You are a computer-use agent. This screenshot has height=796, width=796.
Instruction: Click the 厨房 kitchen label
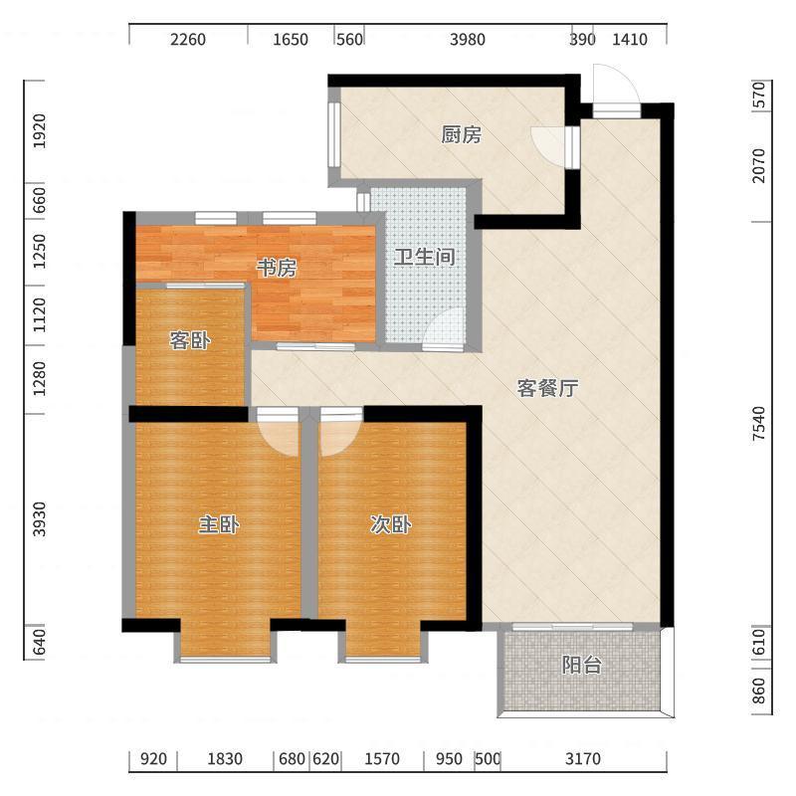coord(461,135)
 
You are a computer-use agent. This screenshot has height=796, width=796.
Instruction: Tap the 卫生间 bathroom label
coord(425,258)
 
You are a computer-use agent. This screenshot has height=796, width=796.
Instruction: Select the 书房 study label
coord(277,269)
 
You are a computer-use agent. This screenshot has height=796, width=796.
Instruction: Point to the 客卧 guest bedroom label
coord(189,341)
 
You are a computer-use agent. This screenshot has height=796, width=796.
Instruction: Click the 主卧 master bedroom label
coord(218,526)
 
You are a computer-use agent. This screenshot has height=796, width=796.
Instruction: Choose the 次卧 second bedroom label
coord(391,526)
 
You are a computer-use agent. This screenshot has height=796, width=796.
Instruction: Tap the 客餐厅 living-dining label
coord(547,389)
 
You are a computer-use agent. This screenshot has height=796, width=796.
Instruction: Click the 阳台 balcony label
coord(581,667)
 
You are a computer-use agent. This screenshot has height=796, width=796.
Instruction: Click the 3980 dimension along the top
coord(467,40)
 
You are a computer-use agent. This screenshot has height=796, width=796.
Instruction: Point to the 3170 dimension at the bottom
coord(583,760)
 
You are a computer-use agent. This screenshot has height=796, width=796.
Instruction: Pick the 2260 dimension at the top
coord(187,40)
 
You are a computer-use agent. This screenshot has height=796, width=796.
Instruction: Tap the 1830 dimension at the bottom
coord(225,760)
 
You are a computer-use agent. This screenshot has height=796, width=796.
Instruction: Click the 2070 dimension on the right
coord(759,165)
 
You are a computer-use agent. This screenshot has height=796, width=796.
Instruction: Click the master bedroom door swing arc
coord(280,438)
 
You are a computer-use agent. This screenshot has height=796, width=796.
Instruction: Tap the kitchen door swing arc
coord(547,144)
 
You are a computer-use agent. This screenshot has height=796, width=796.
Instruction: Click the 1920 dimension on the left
coord(40,131)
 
